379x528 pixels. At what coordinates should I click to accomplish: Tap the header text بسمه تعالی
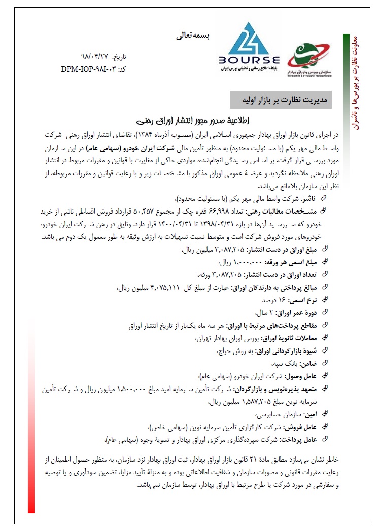[x=192, y=36]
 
